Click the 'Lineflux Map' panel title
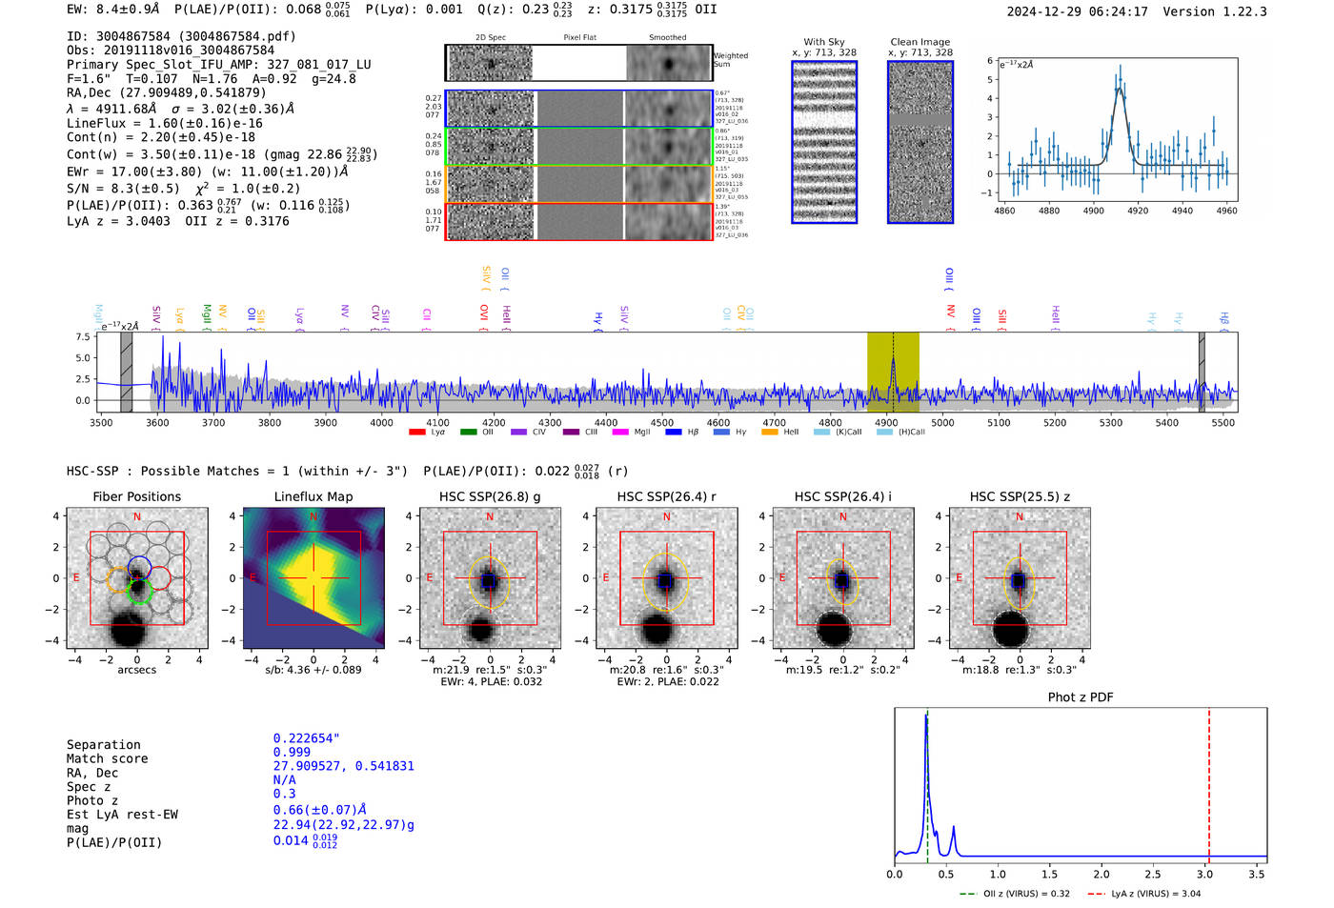coord(313,496)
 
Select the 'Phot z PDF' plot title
coord(1080,697)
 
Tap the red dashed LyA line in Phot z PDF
coord(1209,781)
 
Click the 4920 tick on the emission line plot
coord(1138,211)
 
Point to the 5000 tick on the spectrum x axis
coord(942,422)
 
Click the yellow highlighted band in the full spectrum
coord(893,372)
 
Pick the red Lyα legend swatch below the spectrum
coord(416,433)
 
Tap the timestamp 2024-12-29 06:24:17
coord(1077,11)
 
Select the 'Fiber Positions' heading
coord(136,496)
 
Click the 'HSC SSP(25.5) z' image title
coord(1020,496)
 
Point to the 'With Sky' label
coord(824,42)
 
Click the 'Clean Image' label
coord(920,42)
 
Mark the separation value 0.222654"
coord(306,738)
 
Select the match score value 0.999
coord(292,752)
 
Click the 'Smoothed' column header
coord(667,38)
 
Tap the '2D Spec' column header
coord(490,38)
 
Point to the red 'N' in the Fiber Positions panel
coord(137,516)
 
